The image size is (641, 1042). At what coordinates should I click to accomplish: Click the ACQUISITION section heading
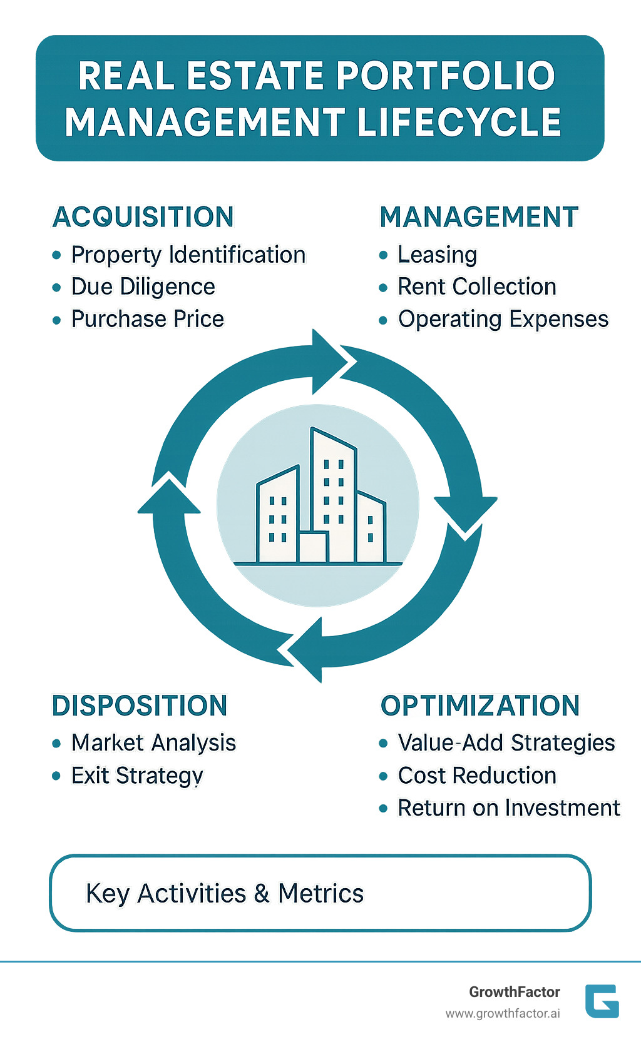143,217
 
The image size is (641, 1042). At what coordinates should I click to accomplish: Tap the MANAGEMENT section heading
479,217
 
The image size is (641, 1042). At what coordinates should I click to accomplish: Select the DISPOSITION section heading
140,706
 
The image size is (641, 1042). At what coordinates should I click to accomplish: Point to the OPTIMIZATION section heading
480,706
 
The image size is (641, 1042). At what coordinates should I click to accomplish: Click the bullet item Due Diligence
143,286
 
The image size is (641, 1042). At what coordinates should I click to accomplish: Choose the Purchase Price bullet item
148,319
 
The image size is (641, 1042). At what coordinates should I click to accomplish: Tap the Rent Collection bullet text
477,286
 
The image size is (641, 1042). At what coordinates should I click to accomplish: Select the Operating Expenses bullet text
503,319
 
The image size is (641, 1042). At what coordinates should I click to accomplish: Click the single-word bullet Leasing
438,255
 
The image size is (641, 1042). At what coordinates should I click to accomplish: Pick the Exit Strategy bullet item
137,776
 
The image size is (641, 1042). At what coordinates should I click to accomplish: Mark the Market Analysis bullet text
154,743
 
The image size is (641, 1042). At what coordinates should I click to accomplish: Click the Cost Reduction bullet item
477,776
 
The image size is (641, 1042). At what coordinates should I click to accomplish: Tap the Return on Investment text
509,808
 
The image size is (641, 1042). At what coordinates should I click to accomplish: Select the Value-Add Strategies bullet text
506,743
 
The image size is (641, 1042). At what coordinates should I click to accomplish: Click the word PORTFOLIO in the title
446,76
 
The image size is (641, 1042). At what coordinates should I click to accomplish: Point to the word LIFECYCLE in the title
459,122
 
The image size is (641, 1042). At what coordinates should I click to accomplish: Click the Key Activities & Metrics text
225,893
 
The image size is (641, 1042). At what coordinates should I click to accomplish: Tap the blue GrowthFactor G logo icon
602,1001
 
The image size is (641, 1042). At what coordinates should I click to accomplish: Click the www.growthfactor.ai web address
503,1013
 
